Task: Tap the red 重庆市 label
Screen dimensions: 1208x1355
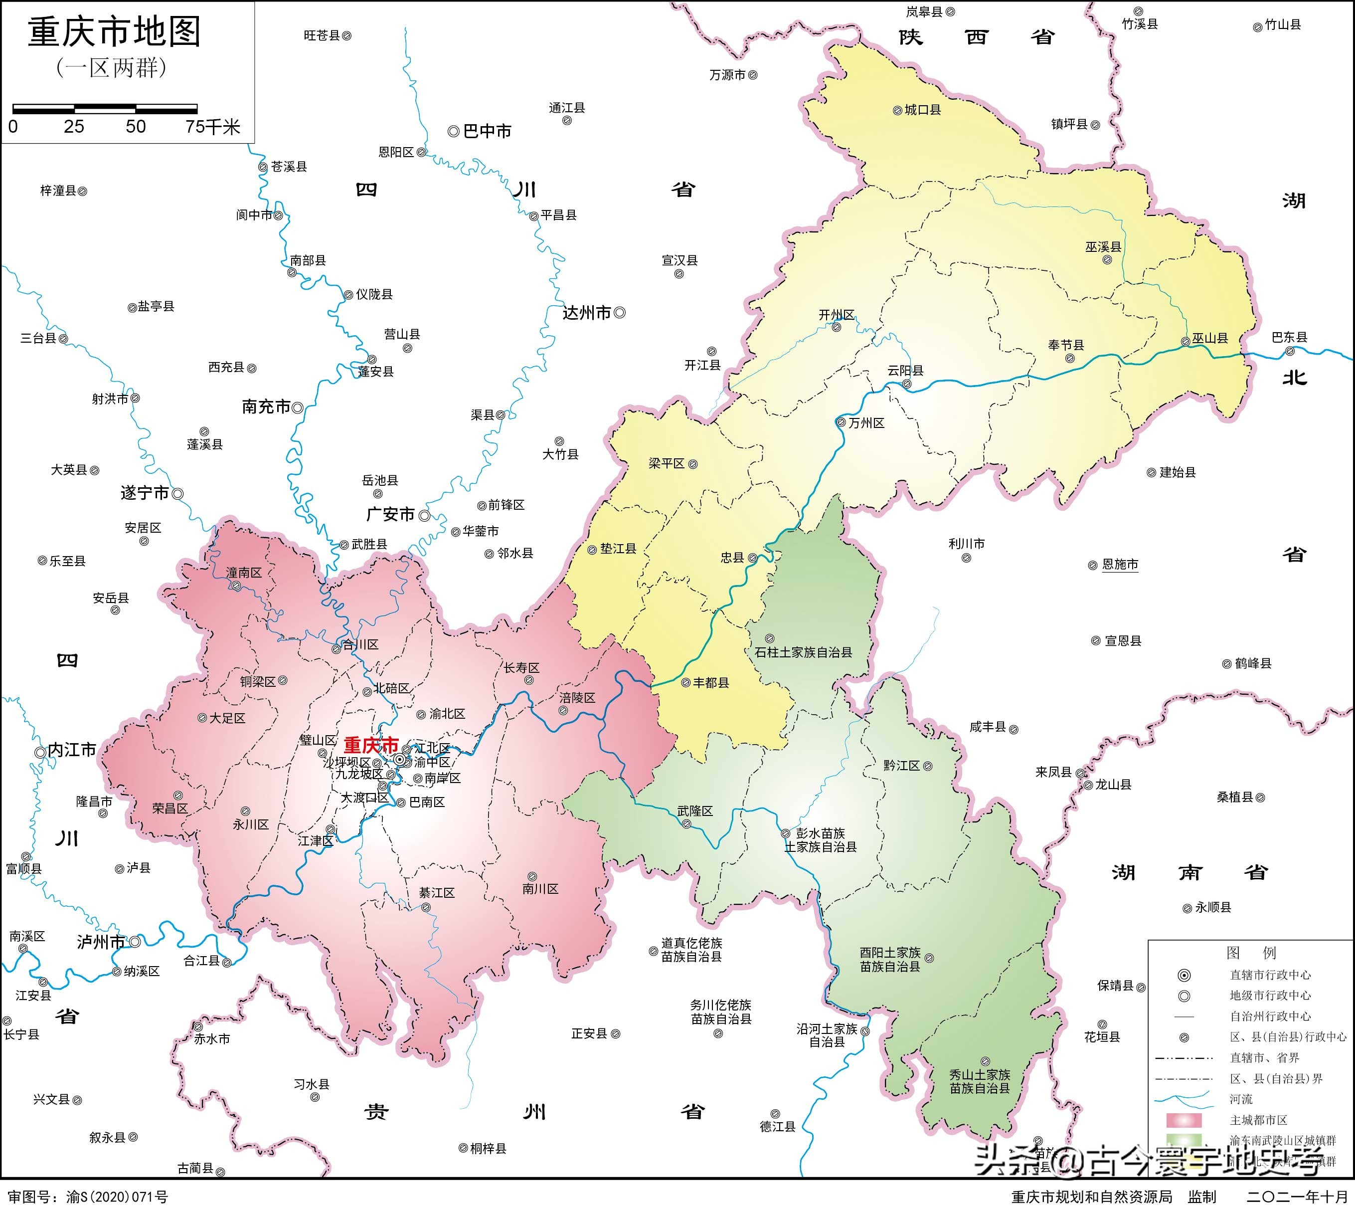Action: (371, 745)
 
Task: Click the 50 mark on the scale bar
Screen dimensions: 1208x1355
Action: (136, 127)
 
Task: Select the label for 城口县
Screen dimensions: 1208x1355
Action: (922, 110)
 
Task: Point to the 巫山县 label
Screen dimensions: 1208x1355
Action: (1210, 338)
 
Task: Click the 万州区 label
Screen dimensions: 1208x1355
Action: (866, 423)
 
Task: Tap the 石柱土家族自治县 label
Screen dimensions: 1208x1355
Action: (803, 652)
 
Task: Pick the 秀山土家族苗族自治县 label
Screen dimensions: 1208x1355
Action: (980, 1081)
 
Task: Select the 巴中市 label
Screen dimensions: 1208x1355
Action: (487, 131)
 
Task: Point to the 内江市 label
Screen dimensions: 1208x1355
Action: (72, 750)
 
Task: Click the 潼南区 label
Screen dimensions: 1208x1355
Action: (244, 573)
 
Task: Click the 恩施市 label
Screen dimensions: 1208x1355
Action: (1120, 564)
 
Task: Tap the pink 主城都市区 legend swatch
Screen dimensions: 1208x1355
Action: (1184, 1120)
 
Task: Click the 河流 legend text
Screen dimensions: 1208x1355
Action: (1241, 1099)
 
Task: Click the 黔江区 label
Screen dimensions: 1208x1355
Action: (901, 765)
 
